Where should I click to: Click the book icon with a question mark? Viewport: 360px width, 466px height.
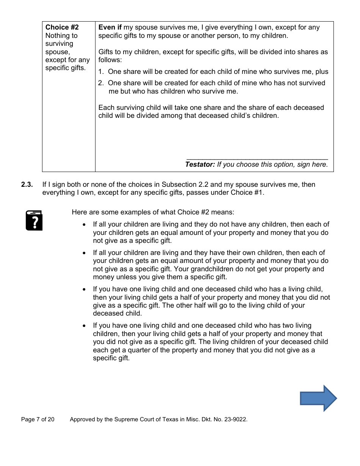34,220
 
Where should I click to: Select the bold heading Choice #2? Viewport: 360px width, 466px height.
62,27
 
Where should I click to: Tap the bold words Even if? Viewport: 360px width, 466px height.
110,27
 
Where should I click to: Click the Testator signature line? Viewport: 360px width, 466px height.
257,159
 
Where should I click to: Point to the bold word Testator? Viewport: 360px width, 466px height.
200,164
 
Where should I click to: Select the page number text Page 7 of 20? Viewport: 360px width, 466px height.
38,419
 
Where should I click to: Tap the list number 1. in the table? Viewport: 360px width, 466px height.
101,72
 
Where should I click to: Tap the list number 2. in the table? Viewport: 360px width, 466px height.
101,83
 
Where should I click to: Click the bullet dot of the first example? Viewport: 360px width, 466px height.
84,225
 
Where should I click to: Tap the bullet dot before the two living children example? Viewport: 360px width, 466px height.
84,326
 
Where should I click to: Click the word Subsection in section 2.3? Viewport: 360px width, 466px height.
180,185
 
